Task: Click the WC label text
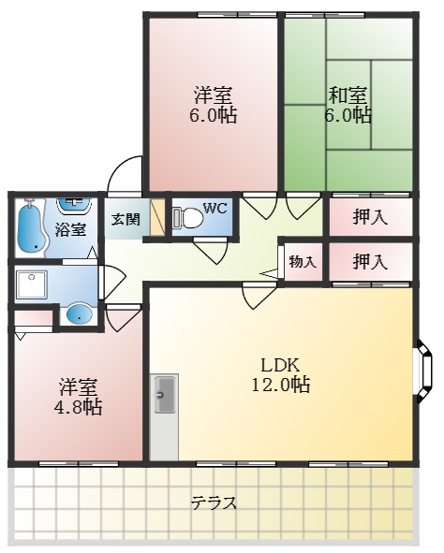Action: [215, 207]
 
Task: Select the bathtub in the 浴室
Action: [32, 226]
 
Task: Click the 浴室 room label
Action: [71, 229]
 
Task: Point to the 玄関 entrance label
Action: [126, 220]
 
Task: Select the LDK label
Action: [279, 363]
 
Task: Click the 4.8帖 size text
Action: [80, 408]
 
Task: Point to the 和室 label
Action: [348, 95]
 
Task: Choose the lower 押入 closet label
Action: [370, 262]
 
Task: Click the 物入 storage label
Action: [302, 262]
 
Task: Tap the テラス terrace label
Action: [215, 502]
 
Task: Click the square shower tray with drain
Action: [33, 282]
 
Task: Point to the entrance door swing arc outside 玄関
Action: [122, 178]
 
